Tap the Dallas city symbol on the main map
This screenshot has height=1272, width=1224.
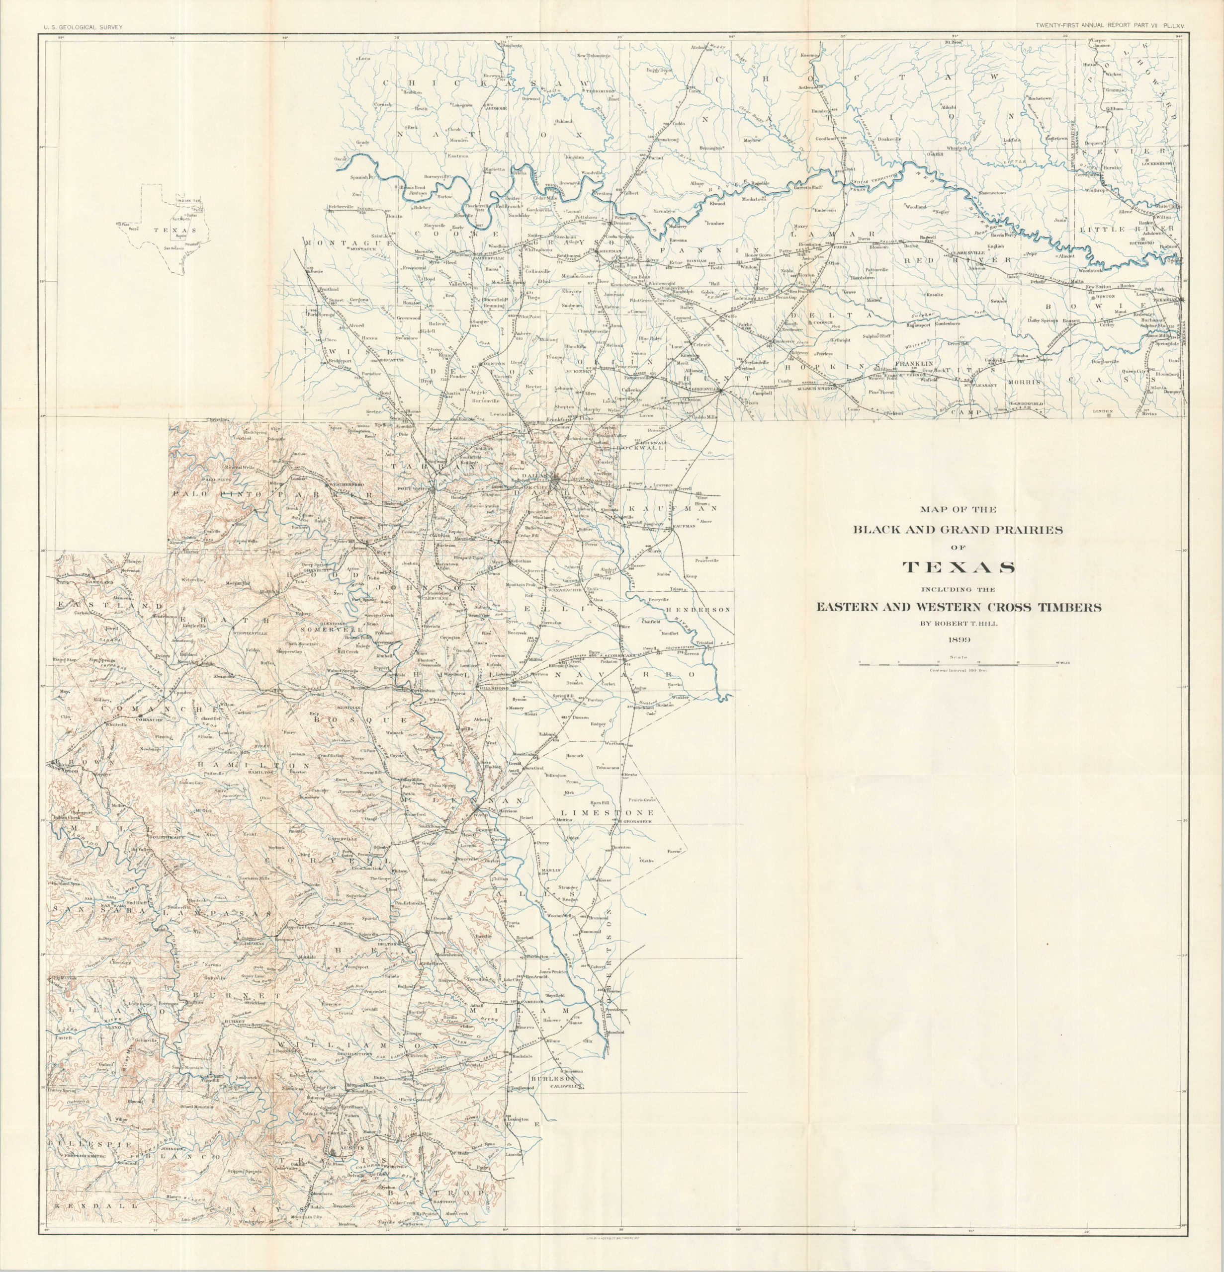pos(556,481)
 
